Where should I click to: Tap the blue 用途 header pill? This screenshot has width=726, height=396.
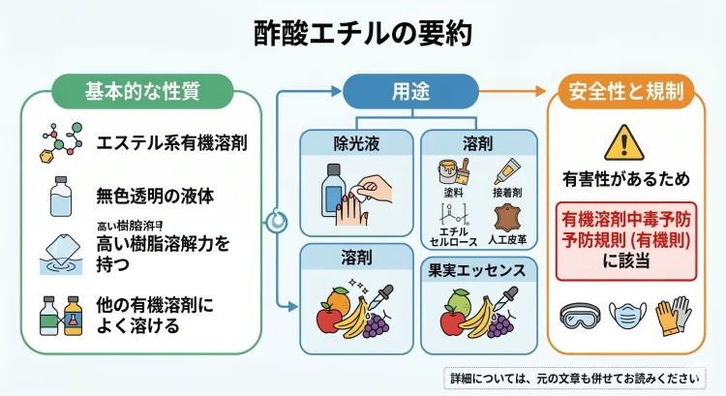pos(406,93)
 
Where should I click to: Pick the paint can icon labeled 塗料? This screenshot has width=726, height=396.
pos(452,175)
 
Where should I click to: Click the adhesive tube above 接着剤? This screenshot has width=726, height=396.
pos(510,174)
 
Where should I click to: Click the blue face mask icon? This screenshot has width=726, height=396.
pos(628,317)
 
